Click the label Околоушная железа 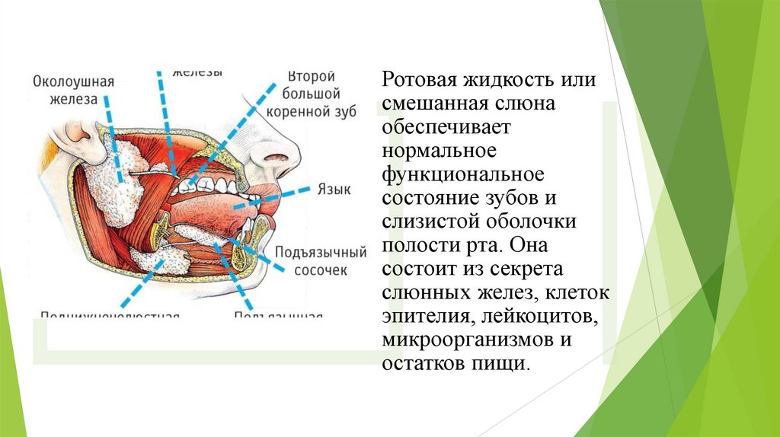point(73,90)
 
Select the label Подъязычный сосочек point(320,260)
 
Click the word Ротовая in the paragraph point(418,80)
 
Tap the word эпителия point(420,316)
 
